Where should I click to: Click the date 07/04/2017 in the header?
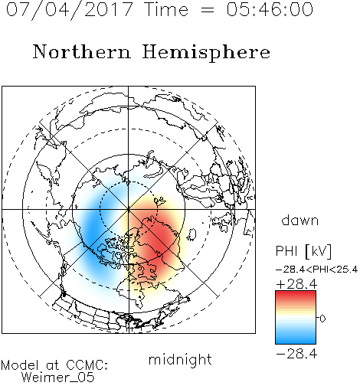(70, 10)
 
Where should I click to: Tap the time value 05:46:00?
(270, 9)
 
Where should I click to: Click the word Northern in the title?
(82, 51)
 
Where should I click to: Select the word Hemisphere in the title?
(206, 53)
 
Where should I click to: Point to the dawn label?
(300, 220)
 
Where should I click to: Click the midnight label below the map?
(180, 359)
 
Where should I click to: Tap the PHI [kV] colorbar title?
(303, 251)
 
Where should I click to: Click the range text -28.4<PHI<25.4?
(317, 270)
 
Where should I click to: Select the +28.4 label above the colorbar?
(296, 284)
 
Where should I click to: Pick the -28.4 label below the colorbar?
(296, 354)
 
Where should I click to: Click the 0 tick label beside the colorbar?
(322, 319)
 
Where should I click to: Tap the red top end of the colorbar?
(296, 293)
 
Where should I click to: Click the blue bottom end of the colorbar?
(296, 342)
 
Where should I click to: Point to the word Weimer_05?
(57, 378)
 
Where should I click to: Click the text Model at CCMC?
(54, 365)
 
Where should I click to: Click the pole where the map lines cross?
(129, 209)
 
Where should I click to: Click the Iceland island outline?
(191, 234)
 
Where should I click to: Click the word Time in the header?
(166, 9)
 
